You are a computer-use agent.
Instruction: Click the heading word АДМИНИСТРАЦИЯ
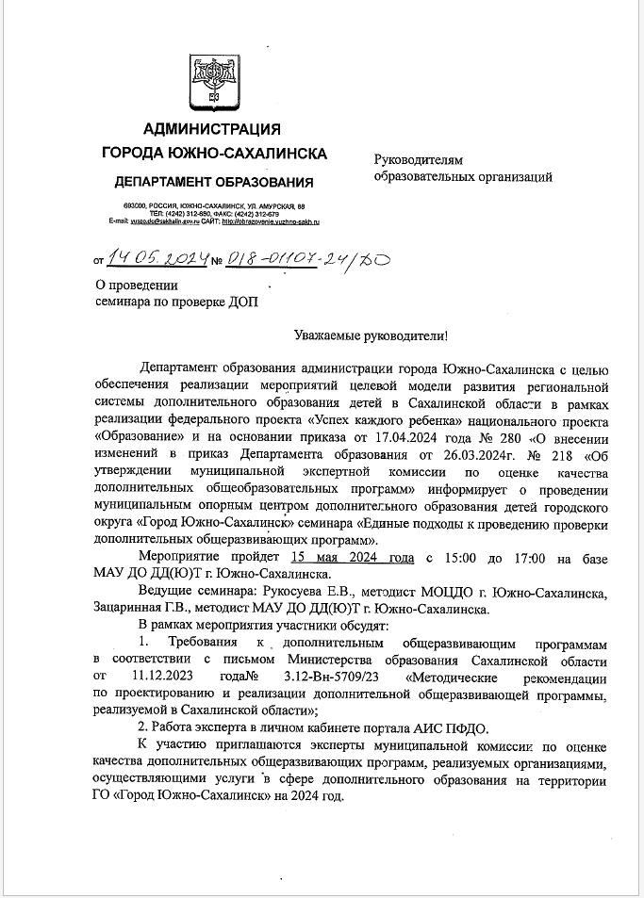click(x=212, y=129)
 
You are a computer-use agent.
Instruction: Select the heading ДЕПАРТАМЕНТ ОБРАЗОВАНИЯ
click(x=213, y=182)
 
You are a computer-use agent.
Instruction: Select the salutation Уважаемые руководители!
click(x=372, y=335)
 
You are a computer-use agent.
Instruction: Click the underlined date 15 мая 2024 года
click(x=354, y=559)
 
